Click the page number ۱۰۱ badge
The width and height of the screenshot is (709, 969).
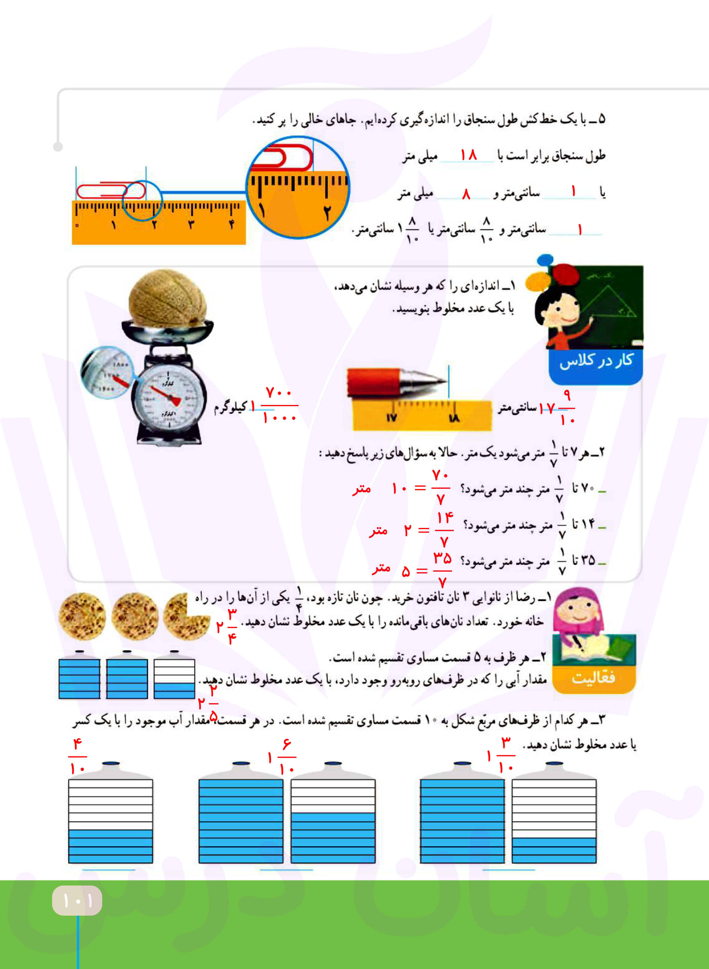[x=77, y=900]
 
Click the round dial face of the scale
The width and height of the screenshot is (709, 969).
[x=168, y=399]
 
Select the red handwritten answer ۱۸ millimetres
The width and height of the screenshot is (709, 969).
[x=468, y=155]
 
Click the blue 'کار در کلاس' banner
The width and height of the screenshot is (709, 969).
[x=595, y=362]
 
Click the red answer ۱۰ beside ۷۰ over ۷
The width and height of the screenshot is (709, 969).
[x=399, y=488]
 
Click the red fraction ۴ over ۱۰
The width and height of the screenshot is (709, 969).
[x=78, y=757]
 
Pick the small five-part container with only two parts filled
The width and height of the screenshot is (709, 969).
[x=174, y=678]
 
